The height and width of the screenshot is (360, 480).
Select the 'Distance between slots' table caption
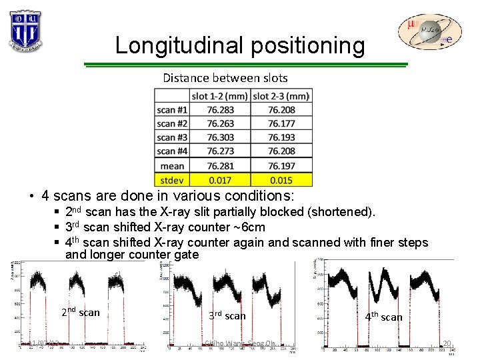click(225, 78)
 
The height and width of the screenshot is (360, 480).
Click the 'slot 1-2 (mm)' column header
click(220, 96)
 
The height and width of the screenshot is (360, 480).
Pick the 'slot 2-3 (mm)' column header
click(281, 96)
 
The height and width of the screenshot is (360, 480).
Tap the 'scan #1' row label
click(172, 110)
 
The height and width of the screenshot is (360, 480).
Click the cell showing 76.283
click(220, 110)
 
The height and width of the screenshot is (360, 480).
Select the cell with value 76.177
click(281, 124)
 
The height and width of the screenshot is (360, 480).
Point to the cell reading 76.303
click(220, 138)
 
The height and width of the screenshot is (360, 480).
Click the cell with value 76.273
click(220, 151)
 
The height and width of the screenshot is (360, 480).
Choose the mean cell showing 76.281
click(220, 165)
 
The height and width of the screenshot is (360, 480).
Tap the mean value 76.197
click(281, 165)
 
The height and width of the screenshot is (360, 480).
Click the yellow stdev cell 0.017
click(220, 179)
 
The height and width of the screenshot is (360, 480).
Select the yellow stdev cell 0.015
click(281, 179)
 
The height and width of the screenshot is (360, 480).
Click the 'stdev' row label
click(172, 179)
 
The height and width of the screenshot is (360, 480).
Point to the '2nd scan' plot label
click(80, 312)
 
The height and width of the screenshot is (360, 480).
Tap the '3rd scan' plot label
click(227, 315)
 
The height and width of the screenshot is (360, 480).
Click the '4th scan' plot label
click(383, 317)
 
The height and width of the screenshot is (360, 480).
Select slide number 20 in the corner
click(447, 344)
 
